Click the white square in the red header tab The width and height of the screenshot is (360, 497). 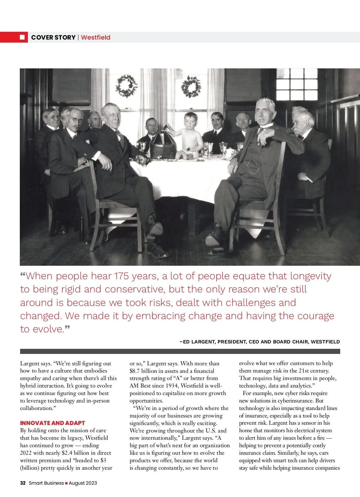tap(22, 37)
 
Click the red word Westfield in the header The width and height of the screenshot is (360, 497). tap(96, 37)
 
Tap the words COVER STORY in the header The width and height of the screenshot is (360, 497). tap(53, 37)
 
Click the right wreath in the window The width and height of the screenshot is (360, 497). tap(191, 87)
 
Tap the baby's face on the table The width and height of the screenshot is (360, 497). tap(190, 121)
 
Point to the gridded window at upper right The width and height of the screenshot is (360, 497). tap(297, 84)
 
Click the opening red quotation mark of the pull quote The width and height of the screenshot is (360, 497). tap(23, 275)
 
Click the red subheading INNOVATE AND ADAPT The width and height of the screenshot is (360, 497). tap(52, 423)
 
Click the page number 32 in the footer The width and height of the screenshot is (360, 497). tap(23, 483)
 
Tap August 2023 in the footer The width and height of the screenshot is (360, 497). tap(83, 483)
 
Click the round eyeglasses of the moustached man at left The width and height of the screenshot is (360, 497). tap(76, 119)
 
